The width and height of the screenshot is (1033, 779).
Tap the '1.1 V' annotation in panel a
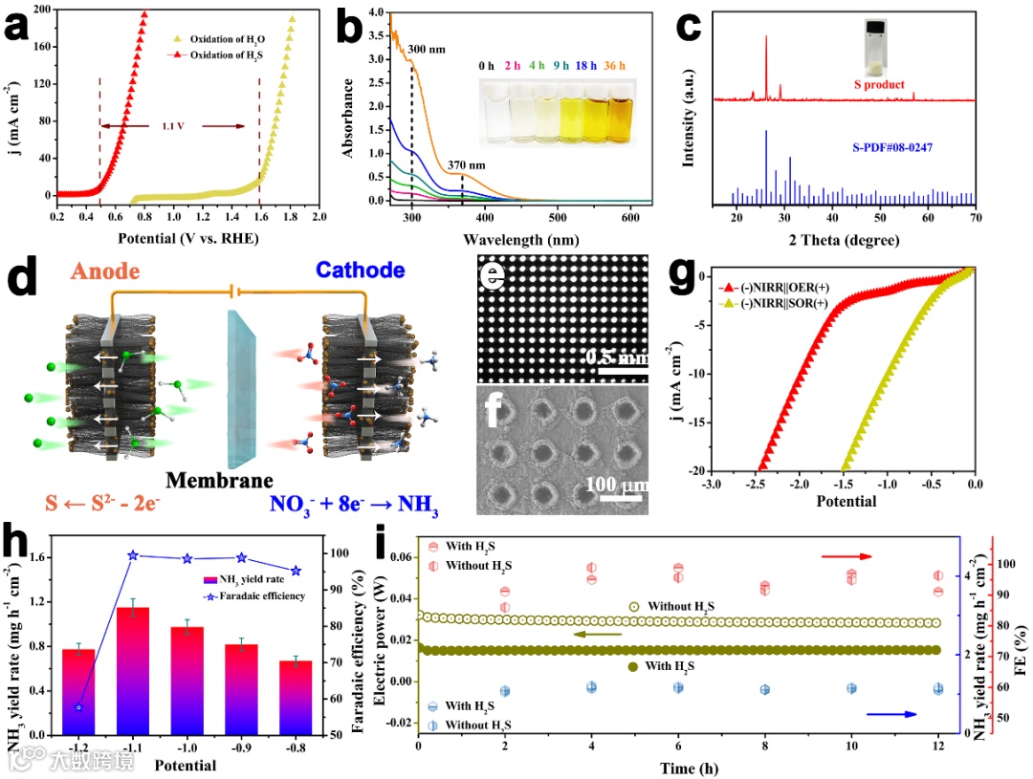[173, 126]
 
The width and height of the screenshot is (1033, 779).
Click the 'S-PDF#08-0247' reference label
[892, 149]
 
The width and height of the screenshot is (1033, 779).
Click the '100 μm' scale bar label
[610, 486]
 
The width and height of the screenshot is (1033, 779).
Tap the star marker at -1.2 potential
[78, 707]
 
